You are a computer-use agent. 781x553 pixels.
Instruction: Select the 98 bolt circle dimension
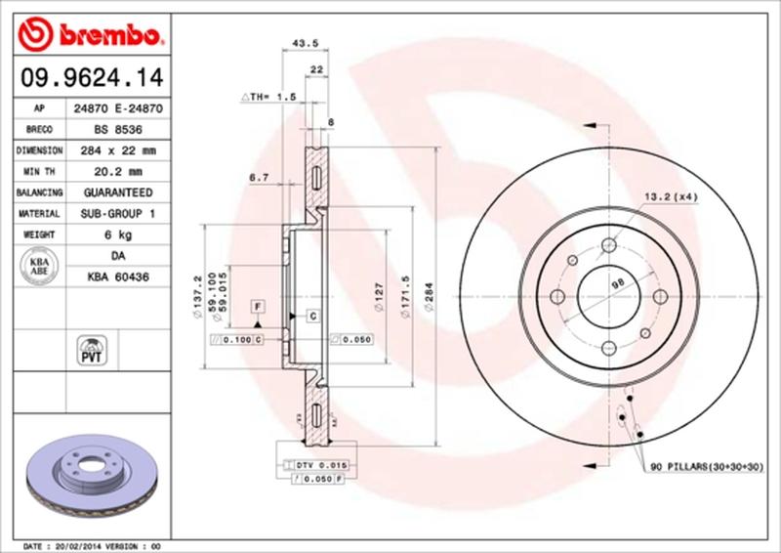[x=616, y=283]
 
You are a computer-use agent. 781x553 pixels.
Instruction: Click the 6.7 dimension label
[x=260, y=177]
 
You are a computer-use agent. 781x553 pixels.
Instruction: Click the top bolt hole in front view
[x=608, y=245]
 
